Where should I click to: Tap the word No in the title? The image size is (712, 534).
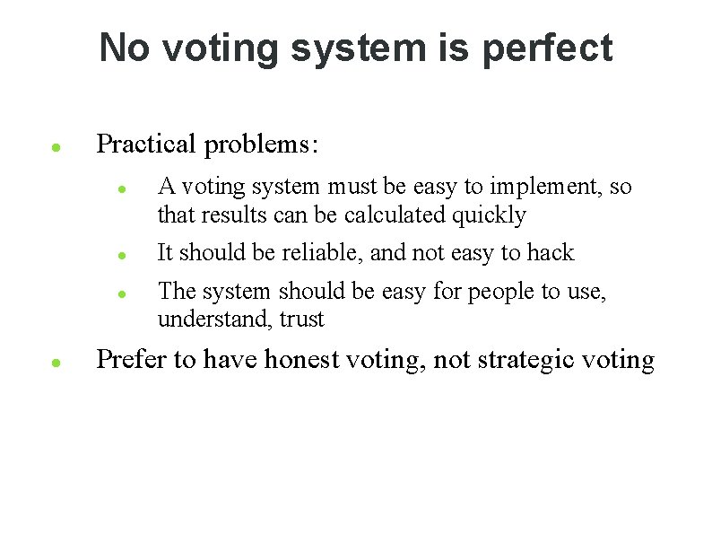pyautogui.click(x=124, y=48)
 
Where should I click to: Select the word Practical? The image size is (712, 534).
pyautogui.click(x=145, y=144)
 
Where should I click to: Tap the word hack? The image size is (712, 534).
pyautogui.click(x=550, y=253)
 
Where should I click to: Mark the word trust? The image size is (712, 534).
pyautogui.click(x=301, y=320)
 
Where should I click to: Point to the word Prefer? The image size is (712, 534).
pyautogui.click(x=132, y=360)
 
